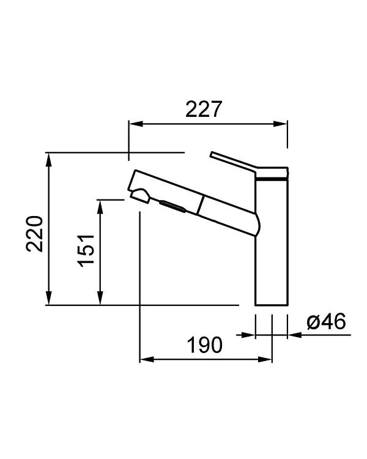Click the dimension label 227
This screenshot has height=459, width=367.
(x=204, y=109)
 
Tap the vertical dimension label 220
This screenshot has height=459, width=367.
(x=35, y=234)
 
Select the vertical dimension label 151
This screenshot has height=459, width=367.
(x=86, y=250)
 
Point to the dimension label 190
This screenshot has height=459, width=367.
(x=204, y=345)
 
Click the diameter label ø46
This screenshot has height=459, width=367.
(x=326, y=321)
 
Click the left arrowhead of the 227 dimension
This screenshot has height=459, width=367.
(x=136, y=124)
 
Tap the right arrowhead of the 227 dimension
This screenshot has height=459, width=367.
(x=280, y=124)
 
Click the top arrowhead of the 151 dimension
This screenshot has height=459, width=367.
(x=100, y=207)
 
